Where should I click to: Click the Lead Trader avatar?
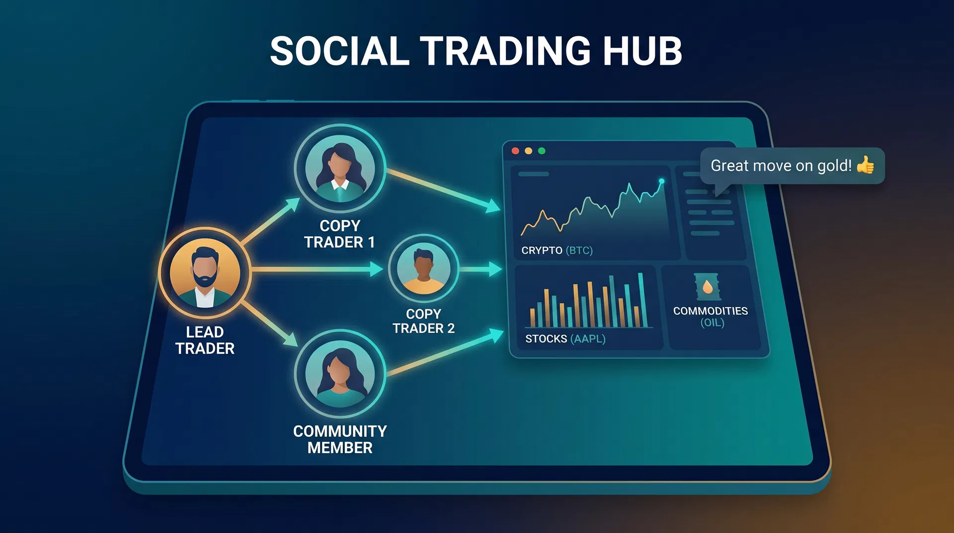205,272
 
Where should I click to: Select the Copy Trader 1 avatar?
340,169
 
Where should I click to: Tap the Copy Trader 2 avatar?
423,268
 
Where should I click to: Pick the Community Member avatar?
340,373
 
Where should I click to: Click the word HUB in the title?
642,51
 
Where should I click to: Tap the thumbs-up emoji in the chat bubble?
866,165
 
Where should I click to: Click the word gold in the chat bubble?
833,166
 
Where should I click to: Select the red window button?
515,151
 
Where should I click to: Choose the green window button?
542,151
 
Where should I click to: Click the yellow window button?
528,151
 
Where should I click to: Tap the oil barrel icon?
708,287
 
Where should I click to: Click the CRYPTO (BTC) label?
556,251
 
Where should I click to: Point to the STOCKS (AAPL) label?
565,339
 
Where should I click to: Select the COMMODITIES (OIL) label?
711,317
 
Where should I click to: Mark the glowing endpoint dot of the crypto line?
661,181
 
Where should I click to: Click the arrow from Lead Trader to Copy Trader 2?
318,269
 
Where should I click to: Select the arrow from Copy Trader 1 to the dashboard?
442,190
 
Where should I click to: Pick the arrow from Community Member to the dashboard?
445,353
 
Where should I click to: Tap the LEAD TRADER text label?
205,340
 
